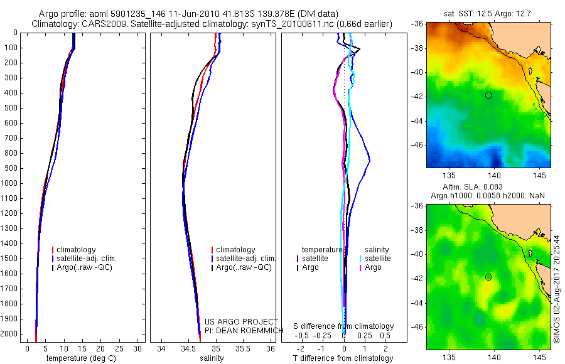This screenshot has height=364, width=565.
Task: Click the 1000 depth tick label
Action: point(9,183)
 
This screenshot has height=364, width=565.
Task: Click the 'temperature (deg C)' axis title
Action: point(82,358)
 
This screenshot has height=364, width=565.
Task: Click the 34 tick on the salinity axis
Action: point(161,348)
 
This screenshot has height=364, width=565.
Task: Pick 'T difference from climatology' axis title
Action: point(343,358)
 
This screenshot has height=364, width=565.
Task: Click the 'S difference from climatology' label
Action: point(344,326)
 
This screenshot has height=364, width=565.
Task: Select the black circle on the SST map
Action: point(488,95)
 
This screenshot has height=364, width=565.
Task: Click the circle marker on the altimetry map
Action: point(488,277)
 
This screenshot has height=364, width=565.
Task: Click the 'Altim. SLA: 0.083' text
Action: point(488,188)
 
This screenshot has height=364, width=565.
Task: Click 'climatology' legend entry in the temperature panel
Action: point(77,250)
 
